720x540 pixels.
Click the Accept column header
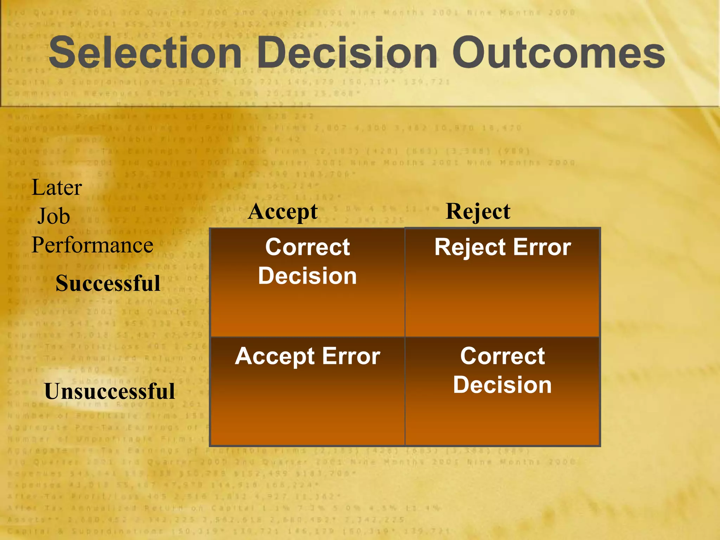click(x=283, y=212)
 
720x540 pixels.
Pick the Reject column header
click(x=478, y=212)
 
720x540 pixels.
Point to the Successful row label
click(x=108, y=283)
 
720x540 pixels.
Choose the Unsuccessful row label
click(x=110, y=391)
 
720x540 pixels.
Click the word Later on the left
click(x=57, y=187)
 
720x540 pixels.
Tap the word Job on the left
click(x=54, y=216)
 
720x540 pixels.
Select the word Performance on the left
click(x=92, y=245)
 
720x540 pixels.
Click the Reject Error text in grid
click(x=502, y=247)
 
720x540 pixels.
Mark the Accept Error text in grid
click(x=307, y=356)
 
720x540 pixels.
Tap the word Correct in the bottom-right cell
click(x=502, y=356)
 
